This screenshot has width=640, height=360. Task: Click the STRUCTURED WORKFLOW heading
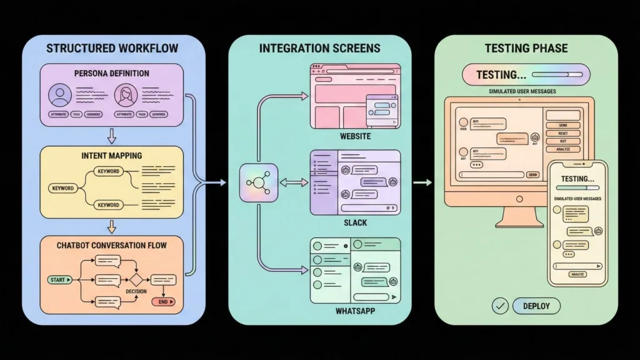[112, 48]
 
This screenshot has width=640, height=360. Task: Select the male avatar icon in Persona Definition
[61, 96]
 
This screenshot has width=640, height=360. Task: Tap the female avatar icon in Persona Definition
[126, 96]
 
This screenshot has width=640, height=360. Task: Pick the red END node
[164, 302]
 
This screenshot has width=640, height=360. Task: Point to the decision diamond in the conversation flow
[137, 280]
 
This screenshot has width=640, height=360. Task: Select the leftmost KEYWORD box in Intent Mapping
[62, 188]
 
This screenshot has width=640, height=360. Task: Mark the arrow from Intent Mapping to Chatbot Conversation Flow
[112, 225]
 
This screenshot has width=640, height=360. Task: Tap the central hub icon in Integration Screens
[258, 182]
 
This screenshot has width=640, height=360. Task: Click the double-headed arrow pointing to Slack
[293, 182]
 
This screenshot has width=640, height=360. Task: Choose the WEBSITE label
[355, 136]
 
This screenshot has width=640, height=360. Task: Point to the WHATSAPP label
[355, 311]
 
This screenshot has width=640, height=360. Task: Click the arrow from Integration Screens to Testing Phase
[423, 182]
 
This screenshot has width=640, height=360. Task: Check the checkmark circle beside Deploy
[499, 306]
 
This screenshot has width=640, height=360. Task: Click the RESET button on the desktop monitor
[564, 133]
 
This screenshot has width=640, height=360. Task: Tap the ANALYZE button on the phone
[577, 274]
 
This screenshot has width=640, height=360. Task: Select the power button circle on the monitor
[517, 199]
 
